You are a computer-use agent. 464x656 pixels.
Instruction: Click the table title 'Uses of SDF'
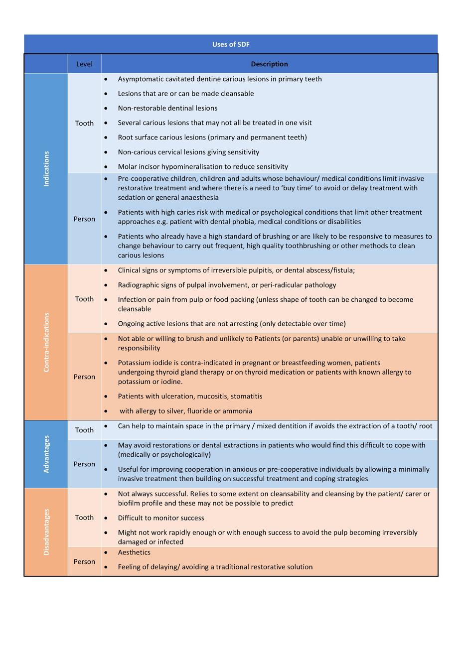point(231,44)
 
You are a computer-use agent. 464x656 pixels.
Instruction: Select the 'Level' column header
point(84,64)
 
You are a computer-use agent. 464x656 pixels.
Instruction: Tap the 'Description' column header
point(269,64)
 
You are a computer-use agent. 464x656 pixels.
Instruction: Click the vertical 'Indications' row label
point(46,169)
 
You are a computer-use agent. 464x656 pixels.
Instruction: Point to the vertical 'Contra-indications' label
point(46,342)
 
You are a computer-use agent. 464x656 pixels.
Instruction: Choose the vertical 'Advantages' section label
point(46,454)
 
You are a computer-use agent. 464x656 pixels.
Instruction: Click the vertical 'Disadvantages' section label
point(46,532)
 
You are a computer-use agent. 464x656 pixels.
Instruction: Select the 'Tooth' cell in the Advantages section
point(84,430)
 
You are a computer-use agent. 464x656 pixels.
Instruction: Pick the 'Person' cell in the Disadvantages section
point(84,561)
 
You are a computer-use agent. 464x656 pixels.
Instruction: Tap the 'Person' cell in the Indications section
point(84,219)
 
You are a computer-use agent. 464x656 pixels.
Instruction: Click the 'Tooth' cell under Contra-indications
point(84,299)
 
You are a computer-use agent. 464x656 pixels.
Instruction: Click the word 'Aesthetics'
point(134,552)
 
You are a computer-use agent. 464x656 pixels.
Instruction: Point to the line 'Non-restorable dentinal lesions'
point(167,108)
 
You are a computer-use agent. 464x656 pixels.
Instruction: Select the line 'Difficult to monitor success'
point(161,518)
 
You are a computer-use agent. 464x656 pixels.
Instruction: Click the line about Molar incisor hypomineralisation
point(203,166)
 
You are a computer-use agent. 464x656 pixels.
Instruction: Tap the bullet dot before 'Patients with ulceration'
point(106,396)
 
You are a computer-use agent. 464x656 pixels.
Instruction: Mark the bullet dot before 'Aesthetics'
point(106,552)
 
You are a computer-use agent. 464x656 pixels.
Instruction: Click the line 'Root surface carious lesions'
point(212,137)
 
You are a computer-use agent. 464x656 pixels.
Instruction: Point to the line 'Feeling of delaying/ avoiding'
point(215,567)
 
